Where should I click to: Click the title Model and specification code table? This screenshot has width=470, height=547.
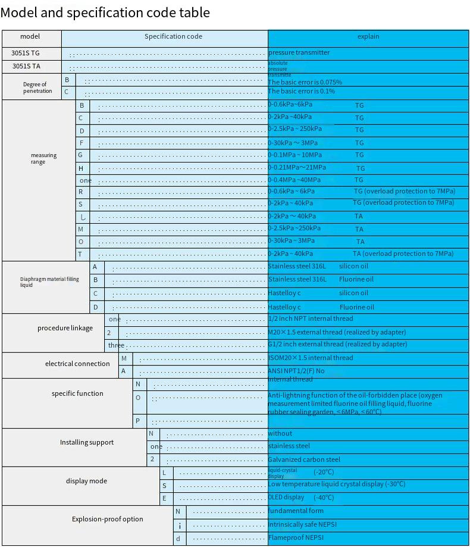(105, 12)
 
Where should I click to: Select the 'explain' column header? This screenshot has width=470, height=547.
(368, 37)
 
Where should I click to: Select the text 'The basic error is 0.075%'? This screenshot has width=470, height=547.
(305, 82)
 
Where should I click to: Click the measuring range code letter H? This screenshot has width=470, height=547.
(81, 168)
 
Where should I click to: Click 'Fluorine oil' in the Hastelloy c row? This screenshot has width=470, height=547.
(356, 307)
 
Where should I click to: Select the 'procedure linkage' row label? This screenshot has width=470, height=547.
(65, 328)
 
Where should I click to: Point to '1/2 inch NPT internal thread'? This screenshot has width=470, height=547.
(310, 318)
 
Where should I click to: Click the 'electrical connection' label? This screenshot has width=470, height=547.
(77, 364)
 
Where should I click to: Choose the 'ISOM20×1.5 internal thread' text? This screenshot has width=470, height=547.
(310, 358)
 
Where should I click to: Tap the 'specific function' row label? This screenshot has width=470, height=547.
(77, 393)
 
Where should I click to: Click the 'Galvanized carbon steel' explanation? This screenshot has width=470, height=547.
(303, 460)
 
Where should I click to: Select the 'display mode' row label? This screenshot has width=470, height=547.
(86, 481)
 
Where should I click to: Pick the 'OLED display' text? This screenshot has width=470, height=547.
(286, 498)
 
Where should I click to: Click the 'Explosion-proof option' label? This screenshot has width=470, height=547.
(107, 519)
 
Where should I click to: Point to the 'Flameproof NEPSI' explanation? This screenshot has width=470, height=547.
(296, 538)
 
